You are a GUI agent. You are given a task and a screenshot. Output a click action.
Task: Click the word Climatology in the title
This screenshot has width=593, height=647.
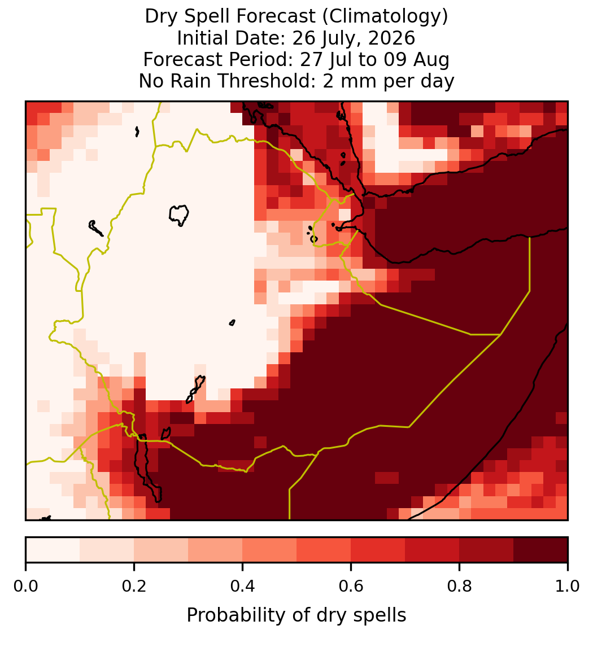click(385, 16)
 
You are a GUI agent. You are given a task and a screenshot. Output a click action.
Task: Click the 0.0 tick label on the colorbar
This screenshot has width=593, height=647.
click(25, 587)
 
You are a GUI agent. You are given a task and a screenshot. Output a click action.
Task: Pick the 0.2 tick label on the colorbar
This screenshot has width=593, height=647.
click(134, 587)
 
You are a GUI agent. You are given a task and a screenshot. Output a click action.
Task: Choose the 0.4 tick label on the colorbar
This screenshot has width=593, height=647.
click(243, 587)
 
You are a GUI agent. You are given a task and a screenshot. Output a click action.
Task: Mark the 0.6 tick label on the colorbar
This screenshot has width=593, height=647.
click(351, 587)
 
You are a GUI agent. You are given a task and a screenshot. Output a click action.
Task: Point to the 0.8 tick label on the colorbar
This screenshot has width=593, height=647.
click(459, 587)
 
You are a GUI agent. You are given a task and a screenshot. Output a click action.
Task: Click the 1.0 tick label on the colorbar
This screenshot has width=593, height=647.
click(568, 587)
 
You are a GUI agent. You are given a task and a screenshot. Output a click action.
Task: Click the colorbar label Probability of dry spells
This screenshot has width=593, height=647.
click(296, 615)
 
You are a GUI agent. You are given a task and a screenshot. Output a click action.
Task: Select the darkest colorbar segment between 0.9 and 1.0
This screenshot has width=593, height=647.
click(540, 550)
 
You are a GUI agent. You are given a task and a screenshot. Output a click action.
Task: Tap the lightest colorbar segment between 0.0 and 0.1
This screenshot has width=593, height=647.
click(53, 550)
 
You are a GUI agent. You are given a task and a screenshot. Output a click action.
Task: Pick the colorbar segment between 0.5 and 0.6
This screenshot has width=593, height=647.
click(324, 550)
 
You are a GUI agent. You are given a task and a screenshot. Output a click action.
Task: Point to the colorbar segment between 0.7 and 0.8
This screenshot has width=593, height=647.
click(433, 550)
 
